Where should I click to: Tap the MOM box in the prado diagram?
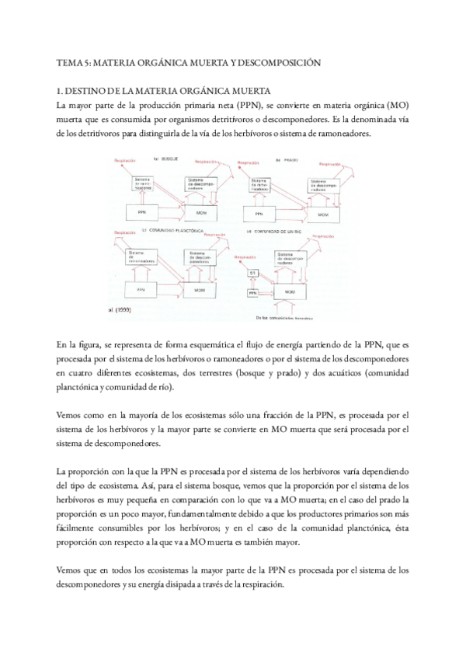click(322, 212)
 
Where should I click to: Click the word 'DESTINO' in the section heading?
click(91, 89)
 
